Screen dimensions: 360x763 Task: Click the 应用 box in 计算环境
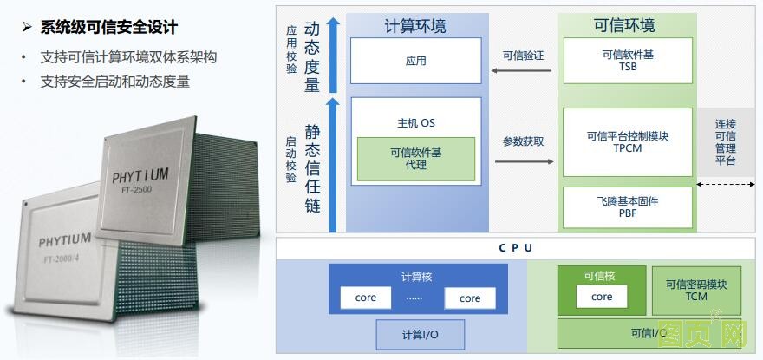415,61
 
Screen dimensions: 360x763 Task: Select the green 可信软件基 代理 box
415,158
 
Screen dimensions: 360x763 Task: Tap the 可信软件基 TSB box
628,61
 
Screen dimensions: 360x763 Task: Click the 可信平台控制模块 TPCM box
628,141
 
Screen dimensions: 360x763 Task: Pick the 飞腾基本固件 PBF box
628,207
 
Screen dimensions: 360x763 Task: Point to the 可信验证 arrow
523,70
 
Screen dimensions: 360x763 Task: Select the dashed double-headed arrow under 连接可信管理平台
725,184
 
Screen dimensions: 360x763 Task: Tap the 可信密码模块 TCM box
696,291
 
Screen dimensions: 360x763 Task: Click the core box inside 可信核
602,297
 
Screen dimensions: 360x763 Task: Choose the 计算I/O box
420,334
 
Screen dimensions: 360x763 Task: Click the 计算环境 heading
415,26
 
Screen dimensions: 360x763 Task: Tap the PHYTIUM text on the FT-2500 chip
140,177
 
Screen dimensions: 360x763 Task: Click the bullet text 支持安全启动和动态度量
114,82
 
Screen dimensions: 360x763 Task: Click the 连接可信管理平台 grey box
725,142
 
